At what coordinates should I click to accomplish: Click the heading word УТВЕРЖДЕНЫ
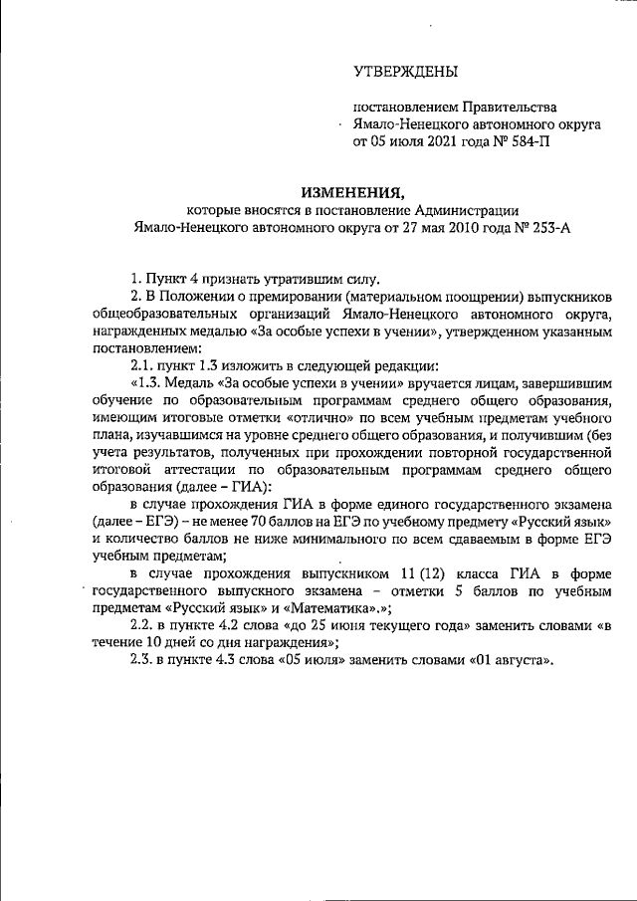click(x=406, y=72)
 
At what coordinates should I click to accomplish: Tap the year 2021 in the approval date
click(x=444, y=142)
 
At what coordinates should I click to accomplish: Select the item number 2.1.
click(x=144, y=365)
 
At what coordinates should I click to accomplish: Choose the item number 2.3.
click(x=144, y=689)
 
